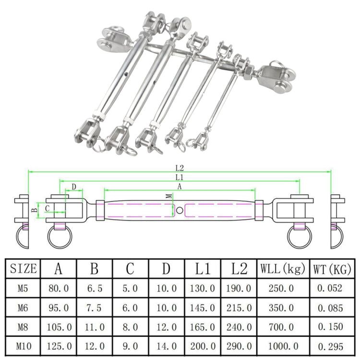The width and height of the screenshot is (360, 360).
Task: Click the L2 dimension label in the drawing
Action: (180, 168)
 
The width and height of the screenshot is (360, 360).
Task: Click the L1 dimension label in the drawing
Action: (180, 178)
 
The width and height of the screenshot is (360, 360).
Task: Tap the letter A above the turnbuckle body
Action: (180, 187)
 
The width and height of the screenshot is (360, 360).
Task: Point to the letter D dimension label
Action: (73, 186)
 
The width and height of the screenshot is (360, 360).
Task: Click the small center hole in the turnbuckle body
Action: (179, 210)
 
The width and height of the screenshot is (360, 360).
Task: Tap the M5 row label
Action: (23, 288)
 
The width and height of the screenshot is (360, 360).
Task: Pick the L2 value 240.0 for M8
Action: (239, 327)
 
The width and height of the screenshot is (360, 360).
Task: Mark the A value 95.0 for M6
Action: (59, 308)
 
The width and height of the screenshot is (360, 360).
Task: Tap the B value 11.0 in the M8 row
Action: (95, 327)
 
